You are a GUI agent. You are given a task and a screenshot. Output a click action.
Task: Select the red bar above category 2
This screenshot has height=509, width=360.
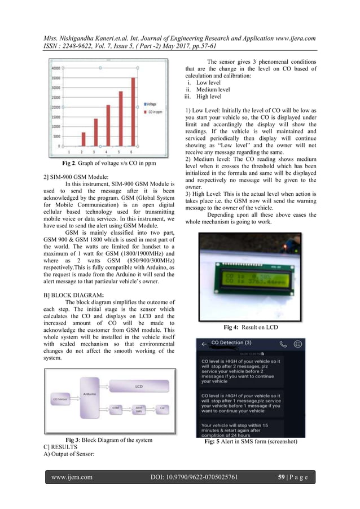click(84, 139)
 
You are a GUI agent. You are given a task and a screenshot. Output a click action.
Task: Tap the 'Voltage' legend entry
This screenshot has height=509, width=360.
click(154, 104)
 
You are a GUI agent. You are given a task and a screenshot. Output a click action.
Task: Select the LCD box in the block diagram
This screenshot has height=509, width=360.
click(139, 402)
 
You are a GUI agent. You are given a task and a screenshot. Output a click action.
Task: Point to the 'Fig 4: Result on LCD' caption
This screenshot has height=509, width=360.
click(251, 327)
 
